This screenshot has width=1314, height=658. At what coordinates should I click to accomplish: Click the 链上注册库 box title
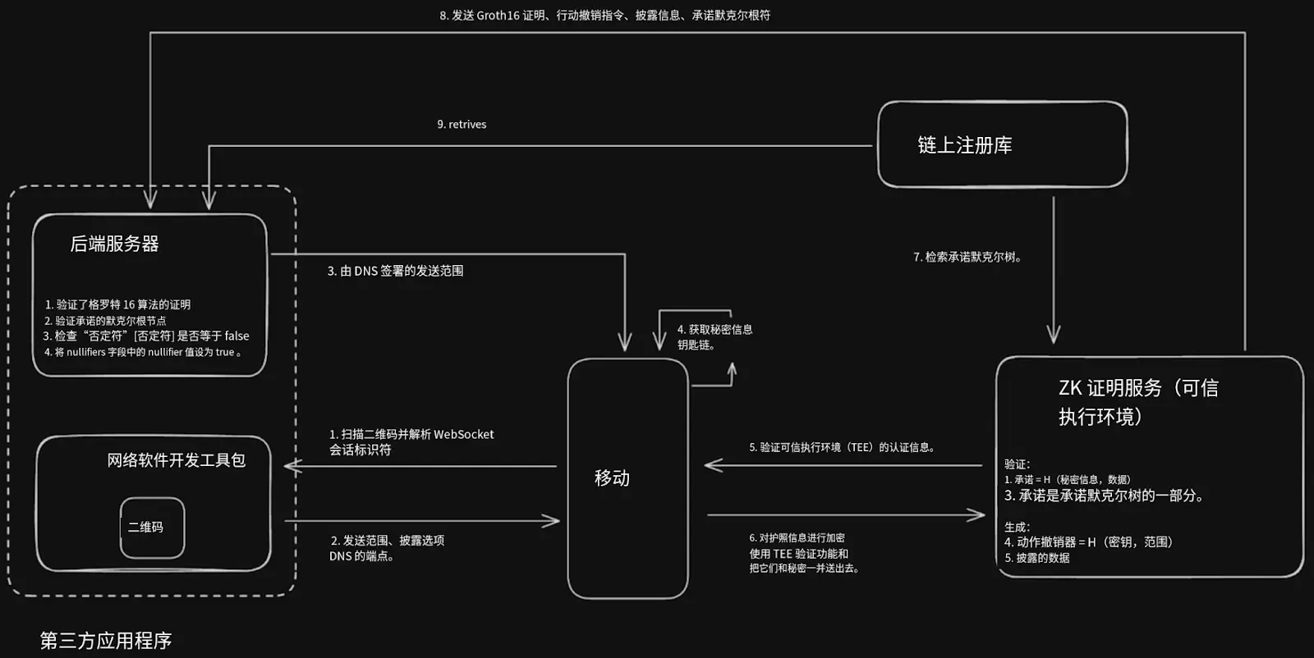pyautogui.click(x=965, y=144)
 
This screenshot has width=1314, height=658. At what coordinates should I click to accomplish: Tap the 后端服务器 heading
pyautogui.click(x=114, y=244)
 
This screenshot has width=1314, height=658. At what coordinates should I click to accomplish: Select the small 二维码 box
pyautogui.click(x=153, y=528)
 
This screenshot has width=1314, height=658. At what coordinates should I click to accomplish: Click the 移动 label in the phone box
pyautogui.click(x=612, y=478)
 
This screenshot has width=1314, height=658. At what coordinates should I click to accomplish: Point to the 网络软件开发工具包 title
pyautogui.click(x=176, y=460)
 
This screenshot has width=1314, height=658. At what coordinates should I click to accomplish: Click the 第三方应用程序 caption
pyautogui.click(x=106, y=641)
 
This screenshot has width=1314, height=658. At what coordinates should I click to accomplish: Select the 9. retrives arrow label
pyautogui.click(x=462, y=124)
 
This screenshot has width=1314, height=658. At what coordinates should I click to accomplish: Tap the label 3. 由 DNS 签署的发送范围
pyautogui.click(x=395, y=271)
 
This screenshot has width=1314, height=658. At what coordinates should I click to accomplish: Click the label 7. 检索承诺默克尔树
pyautogui.click(x=968, y=257)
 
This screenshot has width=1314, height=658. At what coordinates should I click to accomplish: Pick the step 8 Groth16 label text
pyautogui.click(x=604, y=16)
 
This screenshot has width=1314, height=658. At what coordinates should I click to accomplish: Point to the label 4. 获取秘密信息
pyautogui.click(x=714, y=329)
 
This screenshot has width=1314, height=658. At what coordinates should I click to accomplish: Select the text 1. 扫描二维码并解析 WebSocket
pyautogui.click(x=411, y=434)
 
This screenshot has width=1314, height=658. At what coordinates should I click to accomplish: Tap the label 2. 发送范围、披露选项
pyautogui.click(x=387, y=540)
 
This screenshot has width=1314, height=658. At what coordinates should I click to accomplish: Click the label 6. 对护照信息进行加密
pyautogui.click(x=797, y=538)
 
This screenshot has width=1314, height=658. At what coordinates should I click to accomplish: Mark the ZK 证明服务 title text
pyautogui.click(x=1138, y=402)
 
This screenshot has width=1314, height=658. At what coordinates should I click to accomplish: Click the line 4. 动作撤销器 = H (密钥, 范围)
pyautogui.click(x=1089, y=542)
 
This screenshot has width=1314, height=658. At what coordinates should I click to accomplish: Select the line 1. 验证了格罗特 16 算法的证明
pyautogui.click(x=118, y=304)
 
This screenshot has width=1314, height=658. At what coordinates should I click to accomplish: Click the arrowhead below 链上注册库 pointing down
pyautogui.click(x=1054, y=334)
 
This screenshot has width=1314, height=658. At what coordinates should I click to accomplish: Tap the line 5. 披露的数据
pyautogui.click(x=1037, y=558)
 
